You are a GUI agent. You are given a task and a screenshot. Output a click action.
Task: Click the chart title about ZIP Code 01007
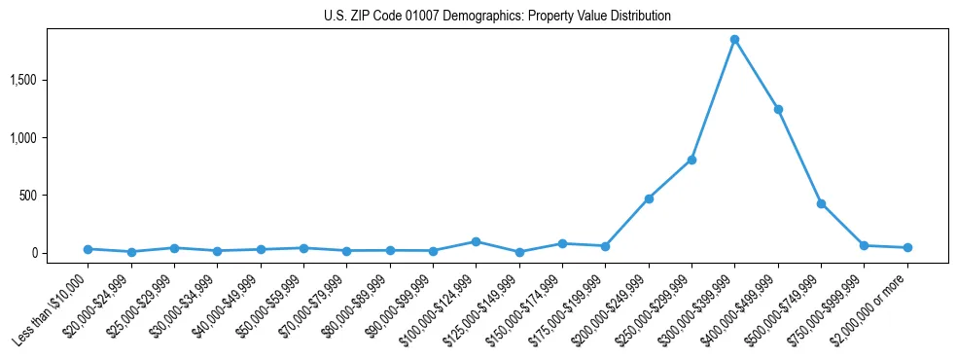tap(497, 17)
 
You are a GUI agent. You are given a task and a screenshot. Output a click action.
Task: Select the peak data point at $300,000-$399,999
tap(734, 39)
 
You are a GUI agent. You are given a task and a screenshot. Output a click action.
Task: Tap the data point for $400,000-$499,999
tap(778, 109)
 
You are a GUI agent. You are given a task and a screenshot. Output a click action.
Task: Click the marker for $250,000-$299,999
tap(691, 160)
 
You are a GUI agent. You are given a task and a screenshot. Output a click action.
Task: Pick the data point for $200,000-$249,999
tap(649, 198)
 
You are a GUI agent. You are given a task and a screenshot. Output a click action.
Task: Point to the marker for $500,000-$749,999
tap(821, 203)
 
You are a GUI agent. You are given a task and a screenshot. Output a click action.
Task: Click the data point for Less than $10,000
tap(88, 249)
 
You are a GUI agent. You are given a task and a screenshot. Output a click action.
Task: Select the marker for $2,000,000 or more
tap(907, 247)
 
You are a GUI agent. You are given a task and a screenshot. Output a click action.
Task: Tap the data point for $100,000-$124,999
tap(476, 241)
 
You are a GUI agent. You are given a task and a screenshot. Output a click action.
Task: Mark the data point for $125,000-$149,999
tap(519, 252)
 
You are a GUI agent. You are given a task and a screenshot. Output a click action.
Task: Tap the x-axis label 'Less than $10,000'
tap(54, 309)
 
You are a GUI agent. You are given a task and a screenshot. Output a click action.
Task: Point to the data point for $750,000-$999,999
tap(864, 245)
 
